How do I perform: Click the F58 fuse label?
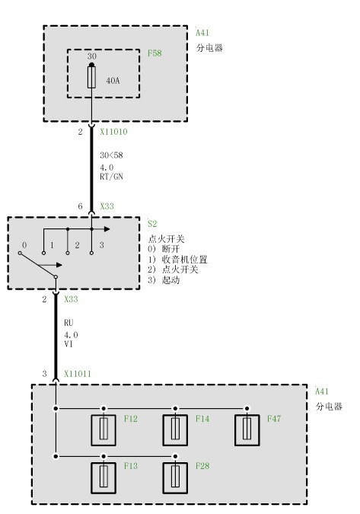(x=155, y=53)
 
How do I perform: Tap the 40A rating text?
(x=113, y=81)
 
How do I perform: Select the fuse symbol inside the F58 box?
(x=92, y=77)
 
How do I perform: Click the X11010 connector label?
(x=113, y=132)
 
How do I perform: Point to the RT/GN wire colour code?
(x=111, y=177)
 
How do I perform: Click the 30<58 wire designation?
(x=111, y=155)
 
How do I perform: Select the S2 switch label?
(x=152, y=224)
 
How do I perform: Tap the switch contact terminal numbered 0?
(x=20, y=253)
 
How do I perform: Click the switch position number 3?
(x=101, y=245)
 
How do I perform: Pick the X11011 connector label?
(x=78, y=374)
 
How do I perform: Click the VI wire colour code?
(x=68, y=344)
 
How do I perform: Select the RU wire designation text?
(x=68, y=323)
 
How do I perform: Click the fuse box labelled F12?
(x=104, y=430)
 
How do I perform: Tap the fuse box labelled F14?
(x=175, y=430)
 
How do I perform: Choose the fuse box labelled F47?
(x=247, y=430)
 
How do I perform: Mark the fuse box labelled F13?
(x=104, y=478)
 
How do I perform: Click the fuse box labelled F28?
(x=175, y=478)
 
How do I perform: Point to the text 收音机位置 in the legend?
(x=185, y=260)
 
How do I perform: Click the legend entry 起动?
(x=170, y=280)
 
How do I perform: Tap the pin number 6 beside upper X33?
(x=80, y=206)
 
